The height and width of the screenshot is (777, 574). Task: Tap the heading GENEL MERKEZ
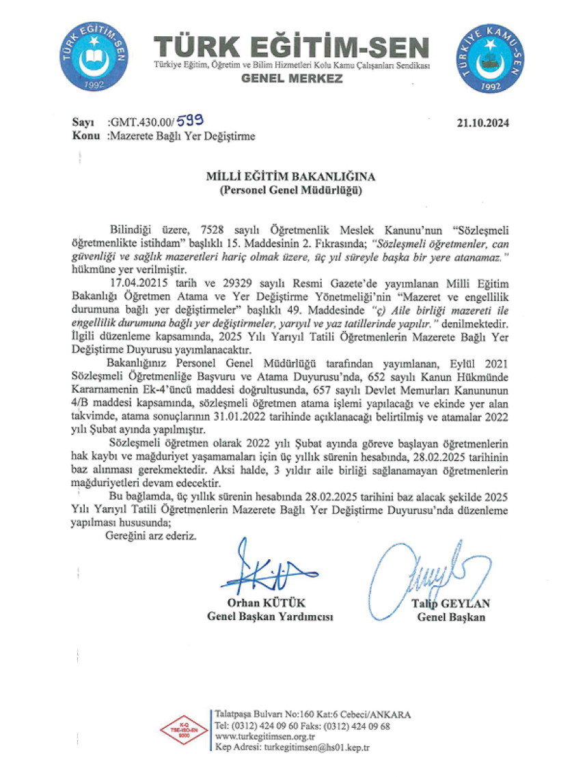[292, 79]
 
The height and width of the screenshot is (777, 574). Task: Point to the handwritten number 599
[189, 121]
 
